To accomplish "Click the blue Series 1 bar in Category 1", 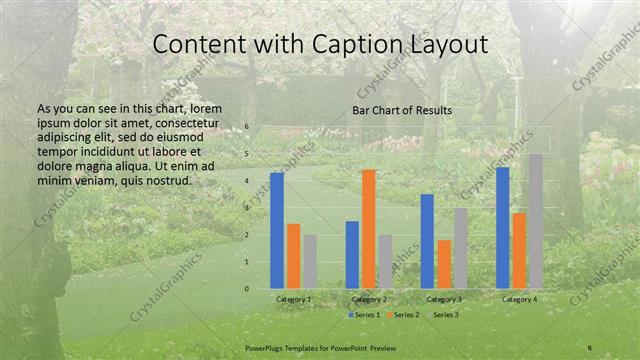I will tap(277, 231).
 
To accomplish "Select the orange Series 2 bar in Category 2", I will tap(369, 229).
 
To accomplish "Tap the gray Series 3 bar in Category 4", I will tap(536, 221).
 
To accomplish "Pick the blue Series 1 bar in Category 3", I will tap(427, 241).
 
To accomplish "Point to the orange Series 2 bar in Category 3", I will tap(444, 264).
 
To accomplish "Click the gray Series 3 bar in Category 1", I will tap(310, 262).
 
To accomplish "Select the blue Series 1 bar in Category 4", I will tap(502, 228).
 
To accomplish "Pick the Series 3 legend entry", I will tap(443, 315).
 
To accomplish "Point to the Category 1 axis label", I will tap(294, 299).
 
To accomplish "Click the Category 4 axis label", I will tap(519, 299).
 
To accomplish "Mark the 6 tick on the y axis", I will tap(247, 128).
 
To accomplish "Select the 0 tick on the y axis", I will tap(247, 289).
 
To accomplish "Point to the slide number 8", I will tap(590, 347).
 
